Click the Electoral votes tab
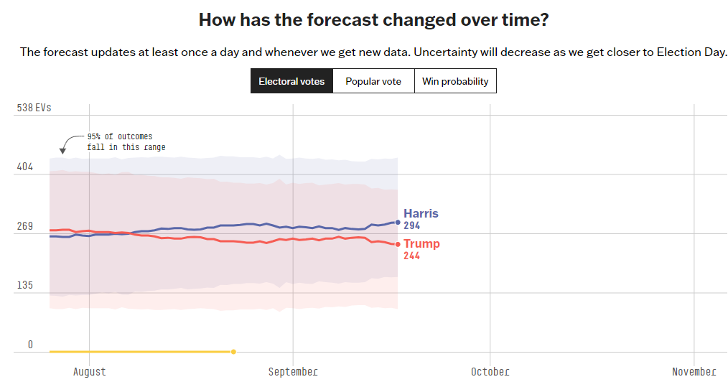pyautogui.click(x=291, y=81)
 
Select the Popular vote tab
pyautogui.click(x=373, y=81)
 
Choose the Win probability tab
pyautogui.click(x=455, y=81)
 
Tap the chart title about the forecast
pyautogui.click(x=373, y=19)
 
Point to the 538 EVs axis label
pyautogui.click(x=34, y=108)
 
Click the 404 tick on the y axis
pyautogui.click(x=25, y=167)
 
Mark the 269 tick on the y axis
pyautogui.click(x=25, y=226)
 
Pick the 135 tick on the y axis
pyautogui.click(x=25, y=285)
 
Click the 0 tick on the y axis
pyautogui.click(x=30, y=345)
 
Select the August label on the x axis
pyautogui.click(x=89, y=371)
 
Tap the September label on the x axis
pyautogui.click(x=293, y=371)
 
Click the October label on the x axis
pyautogui.click(x=490, y=371)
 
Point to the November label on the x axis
pyautogui.click(x=694, y=371)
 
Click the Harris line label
pyautogui.click(x=421, y=213)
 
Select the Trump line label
pyautogui.click(x=421, y=243)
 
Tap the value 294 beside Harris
pyautogui.click(x=411, y=225)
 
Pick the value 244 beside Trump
pyautogui.click(x=411, y=256)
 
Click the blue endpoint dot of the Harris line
pyautogui.click(x=398, y=223)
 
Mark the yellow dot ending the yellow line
pyautogui.click(x=233, y=352)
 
